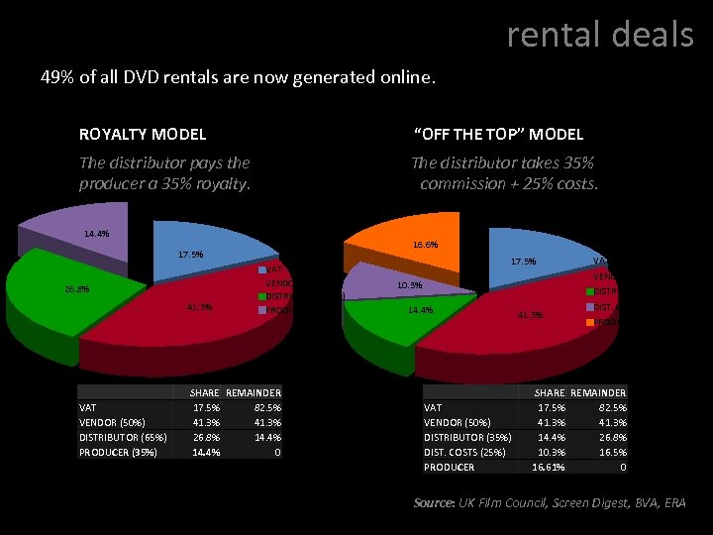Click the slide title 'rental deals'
(x=600, y=35)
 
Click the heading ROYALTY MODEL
(x=143, y=134)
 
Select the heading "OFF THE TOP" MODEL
(x=497, y=134)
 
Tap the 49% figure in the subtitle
(x=55, y=76)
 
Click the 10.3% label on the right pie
(x=409, y=285)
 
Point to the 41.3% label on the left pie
(x=200, y=307)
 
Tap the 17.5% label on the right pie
(x=523, y=262)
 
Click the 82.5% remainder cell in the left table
(x=266, y=407)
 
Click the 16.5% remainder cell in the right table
(x=613, y=452)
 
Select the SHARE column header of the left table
(x=204, y=392)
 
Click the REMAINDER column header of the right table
(x=599, y=392)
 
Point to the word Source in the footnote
(x=432, y=503)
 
